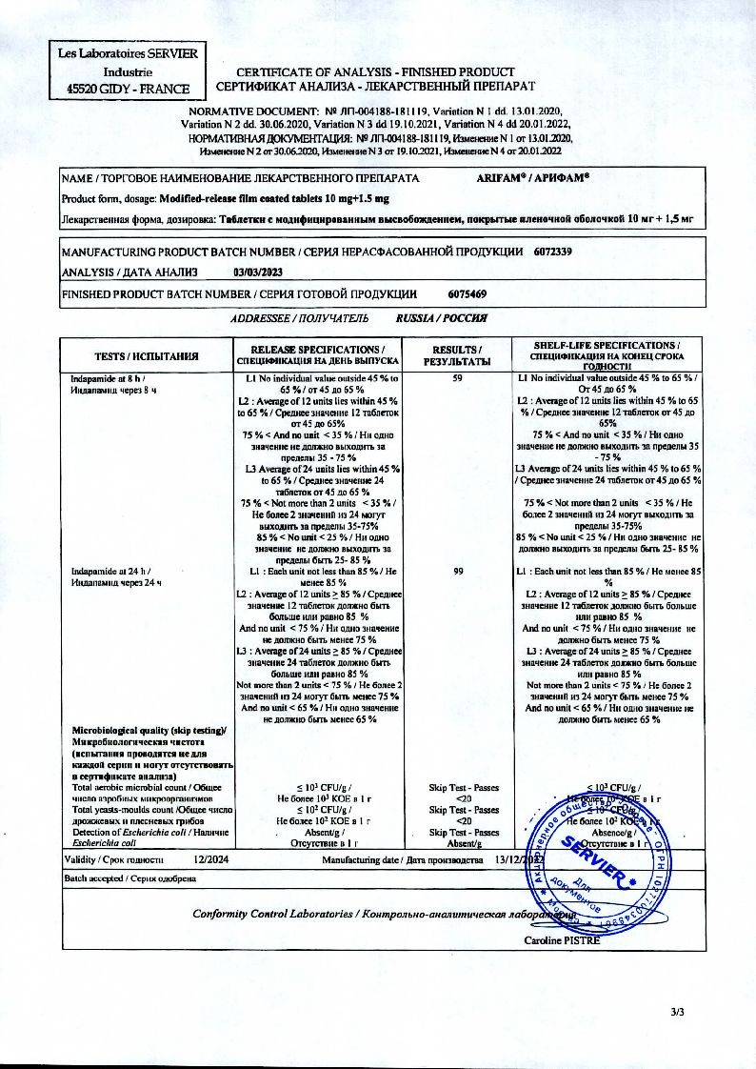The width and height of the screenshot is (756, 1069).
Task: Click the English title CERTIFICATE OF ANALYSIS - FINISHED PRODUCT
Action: (x=375, y=72)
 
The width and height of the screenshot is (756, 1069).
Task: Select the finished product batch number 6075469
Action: (x=467, y=292)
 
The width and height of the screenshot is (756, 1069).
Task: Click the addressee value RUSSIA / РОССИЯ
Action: (x=442, y=319)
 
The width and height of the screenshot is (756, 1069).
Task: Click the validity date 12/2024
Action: (x=209, y=859)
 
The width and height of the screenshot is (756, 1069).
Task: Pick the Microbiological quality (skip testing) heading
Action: (x=149, y=731)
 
